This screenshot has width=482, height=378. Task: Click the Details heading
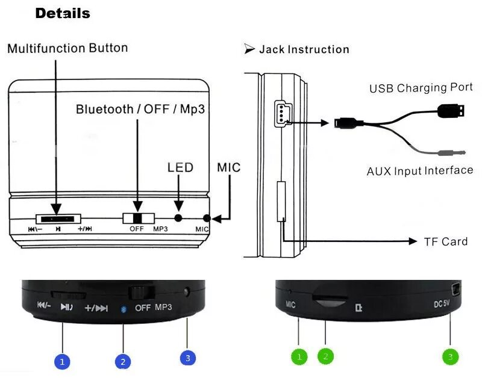(x=63, y=13)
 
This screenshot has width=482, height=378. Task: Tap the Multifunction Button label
(x=67, y=48)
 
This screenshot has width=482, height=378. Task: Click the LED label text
(x=180, y=167)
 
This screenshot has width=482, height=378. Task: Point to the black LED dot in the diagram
(x=178, y=218)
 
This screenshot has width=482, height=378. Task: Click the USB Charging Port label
(x=421, y=88)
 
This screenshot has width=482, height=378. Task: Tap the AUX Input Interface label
(x=420, y=171)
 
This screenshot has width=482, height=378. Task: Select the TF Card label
(x=446, y=241)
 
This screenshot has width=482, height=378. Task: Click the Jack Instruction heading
(x=304, y=49)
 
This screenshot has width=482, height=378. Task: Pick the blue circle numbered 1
(x=62, y=362)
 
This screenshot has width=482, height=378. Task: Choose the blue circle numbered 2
(x=123, y=362)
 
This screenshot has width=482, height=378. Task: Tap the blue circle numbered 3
(x=188, y=358)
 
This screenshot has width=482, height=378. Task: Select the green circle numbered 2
(x=325, y=356)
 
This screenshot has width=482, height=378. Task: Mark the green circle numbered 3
(x=450, y=357)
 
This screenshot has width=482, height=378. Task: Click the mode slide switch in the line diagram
(x=138, y=218)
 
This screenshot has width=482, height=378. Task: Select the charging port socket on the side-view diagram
(x=281, y=113)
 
